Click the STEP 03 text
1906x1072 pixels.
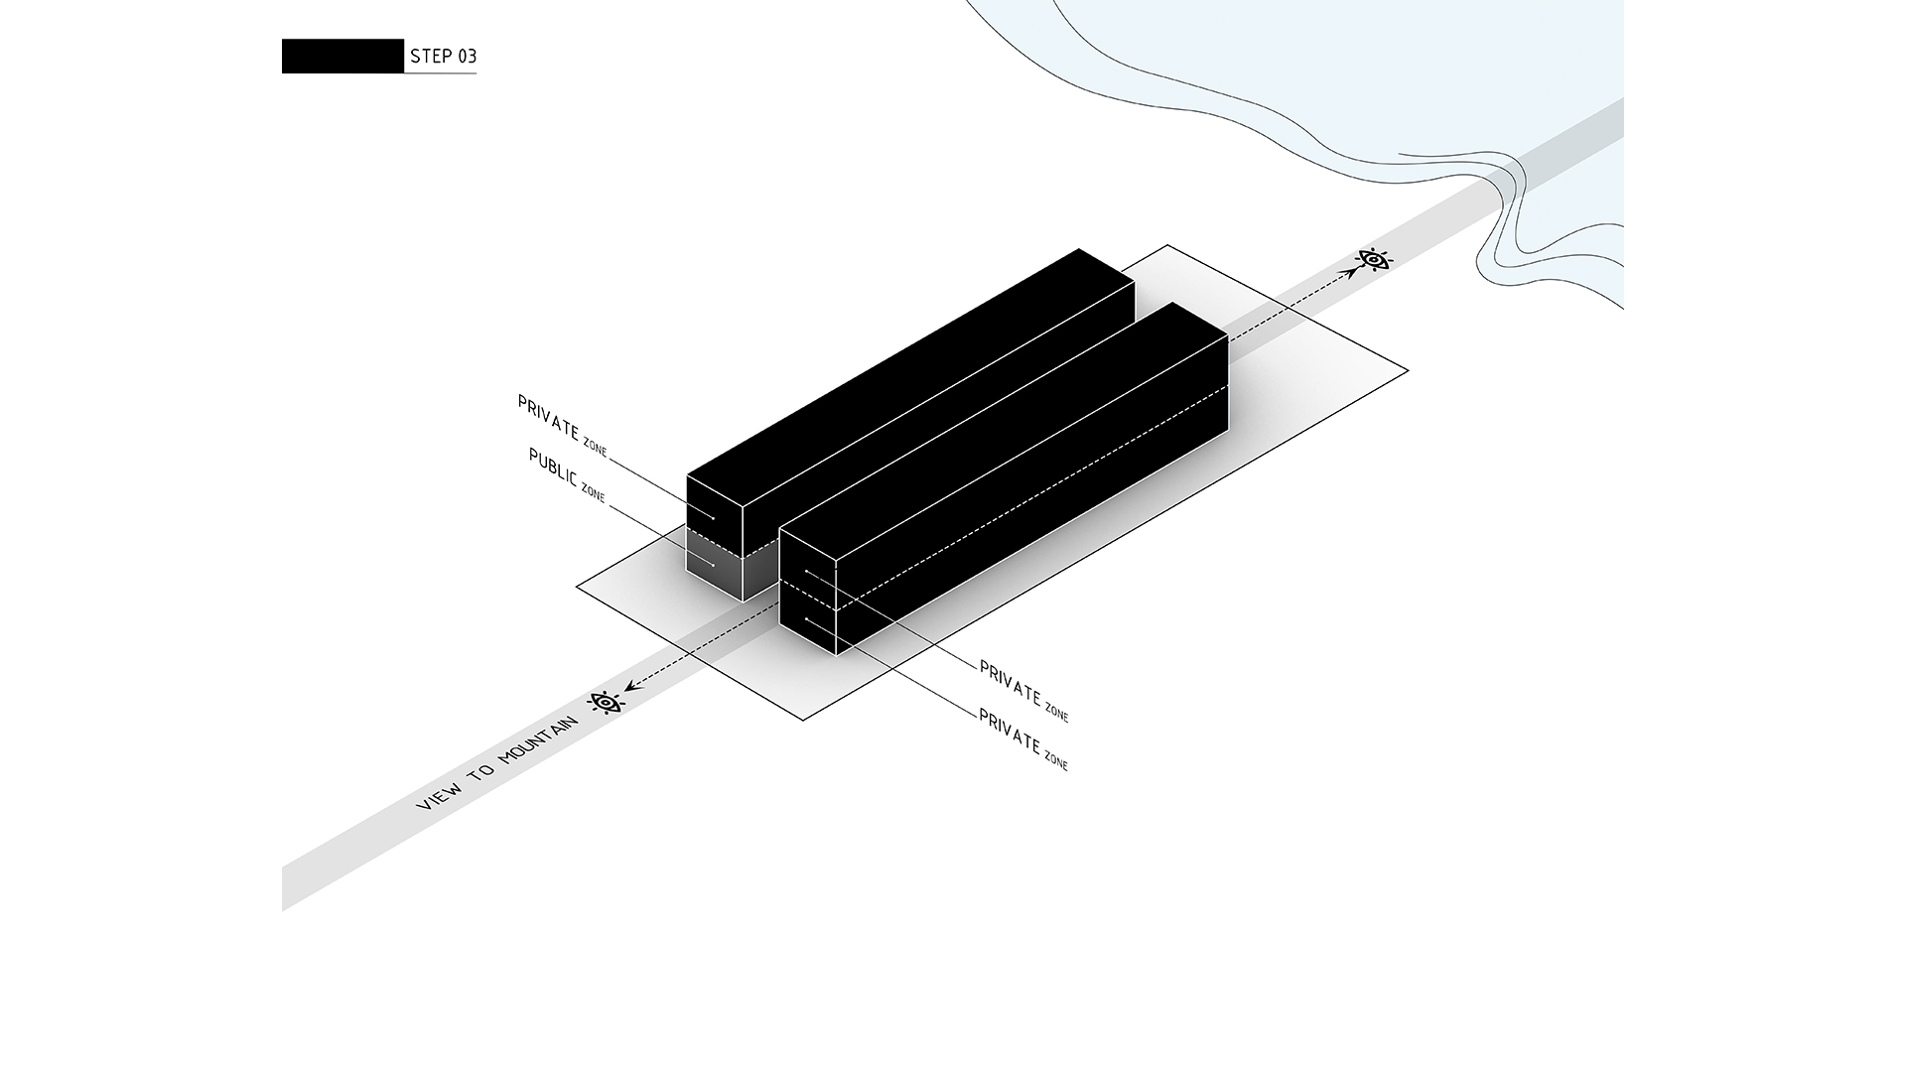pos(443,57)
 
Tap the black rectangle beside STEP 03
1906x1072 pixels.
pos(342,57)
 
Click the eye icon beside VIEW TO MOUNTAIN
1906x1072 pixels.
pos(606,703)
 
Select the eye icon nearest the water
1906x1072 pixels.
pos(1374,260)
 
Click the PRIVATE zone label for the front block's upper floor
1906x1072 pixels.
pos(1023,691)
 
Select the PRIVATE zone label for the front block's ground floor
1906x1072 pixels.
pos(1023,739)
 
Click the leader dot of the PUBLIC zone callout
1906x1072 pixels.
pos(713,565)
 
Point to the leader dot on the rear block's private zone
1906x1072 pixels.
pos(713,517)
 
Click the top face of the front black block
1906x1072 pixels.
pos(1004,433)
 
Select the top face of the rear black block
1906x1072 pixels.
pos(910,377)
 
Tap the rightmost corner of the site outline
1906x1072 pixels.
pos(1408,371)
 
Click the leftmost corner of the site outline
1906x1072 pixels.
pos(577,587)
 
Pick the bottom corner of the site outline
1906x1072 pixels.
pos(803,720)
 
